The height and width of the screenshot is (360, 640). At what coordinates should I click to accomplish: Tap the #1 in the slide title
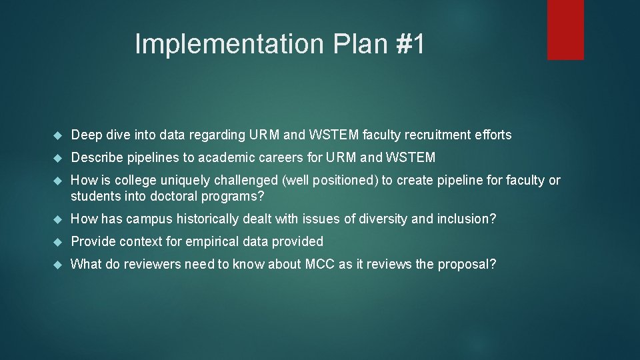click(410, 45)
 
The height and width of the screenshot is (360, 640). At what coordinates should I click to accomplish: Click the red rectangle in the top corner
click(565, 29)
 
